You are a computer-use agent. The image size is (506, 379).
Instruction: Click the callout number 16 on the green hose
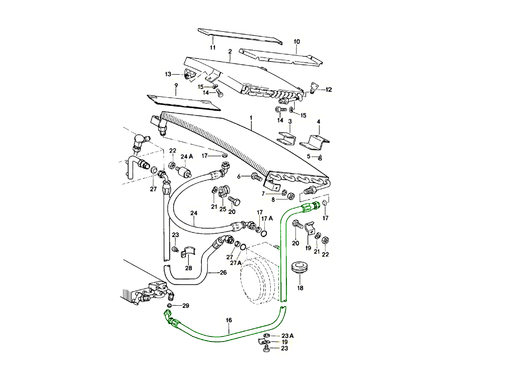coord(229,320)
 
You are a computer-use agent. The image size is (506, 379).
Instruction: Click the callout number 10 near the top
coord(296,42)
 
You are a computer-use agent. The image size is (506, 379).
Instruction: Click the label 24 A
coord(186,156)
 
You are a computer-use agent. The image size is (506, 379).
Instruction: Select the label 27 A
coord(235,263)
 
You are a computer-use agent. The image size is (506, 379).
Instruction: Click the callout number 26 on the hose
coord(223,272)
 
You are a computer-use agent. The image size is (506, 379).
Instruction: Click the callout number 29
coord(186,305)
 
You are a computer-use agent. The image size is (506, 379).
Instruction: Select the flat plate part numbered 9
coord(184,103)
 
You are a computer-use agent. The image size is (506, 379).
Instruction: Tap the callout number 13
coord(168,75)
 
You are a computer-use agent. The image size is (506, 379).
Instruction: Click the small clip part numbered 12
coord(313,88)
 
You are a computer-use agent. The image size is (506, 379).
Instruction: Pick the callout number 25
coord(223,209)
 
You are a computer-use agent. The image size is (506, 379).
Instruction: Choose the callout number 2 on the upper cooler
coord(230,51)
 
